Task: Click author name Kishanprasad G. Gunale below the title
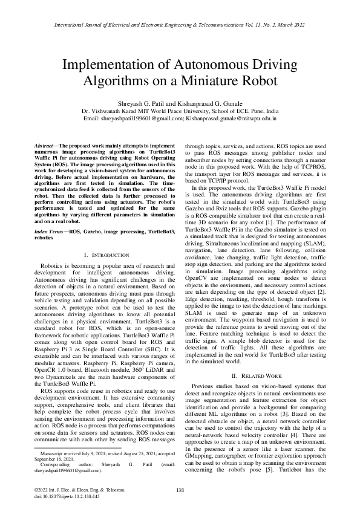212,103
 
